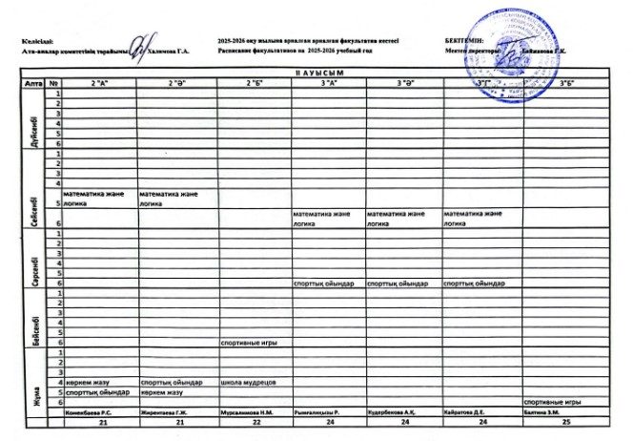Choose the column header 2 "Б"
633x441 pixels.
[x=255, y=84]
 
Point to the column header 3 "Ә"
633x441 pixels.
[x=404, y=84]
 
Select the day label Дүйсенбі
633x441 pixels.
[x=34, y=119]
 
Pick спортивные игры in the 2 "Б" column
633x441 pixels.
[x=249, y=342]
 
